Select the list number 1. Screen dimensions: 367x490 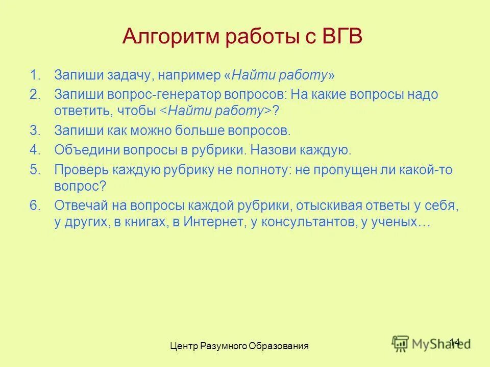[x=34, y=75]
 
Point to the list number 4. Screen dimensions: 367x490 [x=34, y=150]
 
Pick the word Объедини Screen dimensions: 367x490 [x=87, y=150]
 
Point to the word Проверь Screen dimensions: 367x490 [x=81, y=170]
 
